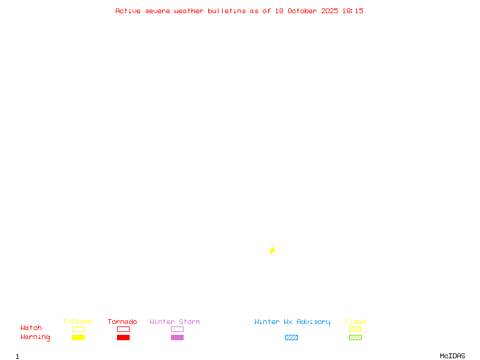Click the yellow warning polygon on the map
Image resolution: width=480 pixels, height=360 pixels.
(x=272, y=250)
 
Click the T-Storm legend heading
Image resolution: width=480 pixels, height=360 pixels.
(x=77, y=322)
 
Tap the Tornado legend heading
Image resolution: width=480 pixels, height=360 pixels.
(x=122, y=322)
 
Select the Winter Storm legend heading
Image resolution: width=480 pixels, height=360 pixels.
(x=175, y=322)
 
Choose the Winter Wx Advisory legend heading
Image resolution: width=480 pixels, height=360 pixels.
(x=292, y=322)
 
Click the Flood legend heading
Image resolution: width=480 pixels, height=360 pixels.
(x=355, y=322)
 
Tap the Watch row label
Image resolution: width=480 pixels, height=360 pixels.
(x=31, y=328)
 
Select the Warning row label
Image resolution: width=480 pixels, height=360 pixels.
(x=35, y=337)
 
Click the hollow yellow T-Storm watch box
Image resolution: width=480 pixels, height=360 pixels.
(x=78, y=329)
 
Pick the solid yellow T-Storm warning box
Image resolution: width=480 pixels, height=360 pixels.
(x=78, y=338)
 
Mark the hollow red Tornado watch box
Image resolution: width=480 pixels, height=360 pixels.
(x=123, y=329)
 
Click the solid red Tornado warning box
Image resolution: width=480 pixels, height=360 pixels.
(x=123, y=338)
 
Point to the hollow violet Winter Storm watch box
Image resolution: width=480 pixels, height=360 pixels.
(x=177, y=329)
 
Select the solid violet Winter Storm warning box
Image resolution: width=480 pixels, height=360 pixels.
(x=177, y=338)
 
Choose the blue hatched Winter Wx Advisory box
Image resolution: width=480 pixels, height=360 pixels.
(x=291, y=338)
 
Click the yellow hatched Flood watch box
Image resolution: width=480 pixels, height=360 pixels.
(x=355, y=329)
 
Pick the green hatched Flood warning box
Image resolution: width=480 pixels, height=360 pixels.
(x=355, y=338)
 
